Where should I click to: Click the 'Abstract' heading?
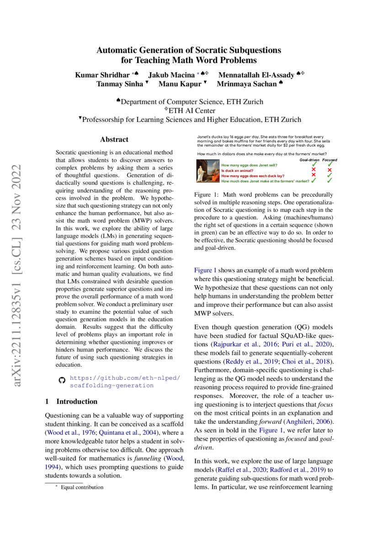114,139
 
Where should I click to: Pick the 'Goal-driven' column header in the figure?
309,160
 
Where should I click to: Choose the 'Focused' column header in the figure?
329,160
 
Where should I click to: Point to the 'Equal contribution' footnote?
82,487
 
